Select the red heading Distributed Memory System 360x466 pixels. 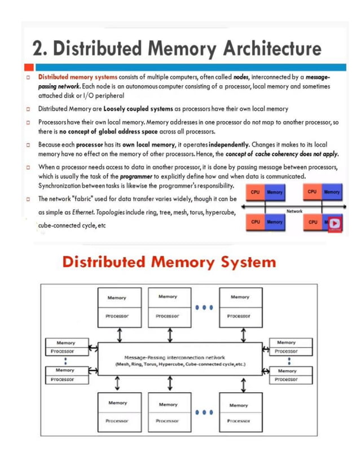coord(169,262)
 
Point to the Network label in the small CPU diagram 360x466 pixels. coord(295,211)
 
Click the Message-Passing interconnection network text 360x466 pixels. coord(174,358)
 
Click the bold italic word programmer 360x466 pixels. coord(133,176)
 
